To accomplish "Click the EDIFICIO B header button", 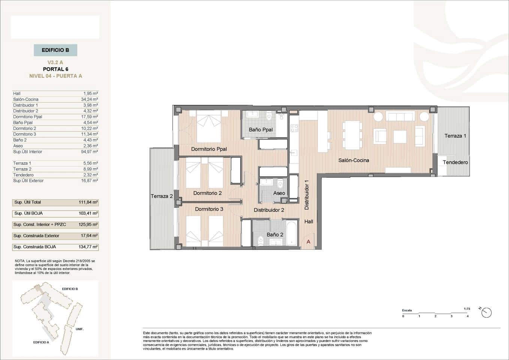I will point(55,50).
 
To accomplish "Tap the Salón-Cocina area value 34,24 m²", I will point(90,99).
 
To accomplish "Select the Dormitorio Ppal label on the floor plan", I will point(209,149).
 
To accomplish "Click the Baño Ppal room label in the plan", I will point(260,130).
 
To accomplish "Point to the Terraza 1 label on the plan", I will point(455,136).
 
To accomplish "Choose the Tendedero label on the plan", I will point(455,162).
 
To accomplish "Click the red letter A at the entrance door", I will point(308,242).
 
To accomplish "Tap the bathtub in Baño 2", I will point(291,233).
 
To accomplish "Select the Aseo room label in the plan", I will point(279,193).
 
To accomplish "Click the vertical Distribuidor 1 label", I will point(307,195).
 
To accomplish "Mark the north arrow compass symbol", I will point(486,312).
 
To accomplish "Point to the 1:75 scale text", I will point(467,309).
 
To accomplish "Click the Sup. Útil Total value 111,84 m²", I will point(88,202).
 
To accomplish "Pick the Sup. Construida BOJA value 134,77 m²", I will point(88,247).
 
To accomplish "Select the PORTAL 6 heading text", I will point(55,69).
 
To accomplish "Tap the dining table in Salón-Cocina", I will point(352,135).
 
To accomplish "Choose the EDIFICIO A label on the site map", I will point(41,342).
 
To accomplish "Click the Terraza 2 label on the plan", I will point(162,196).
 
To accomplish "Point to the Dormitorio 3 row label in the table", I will point(25,134).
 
